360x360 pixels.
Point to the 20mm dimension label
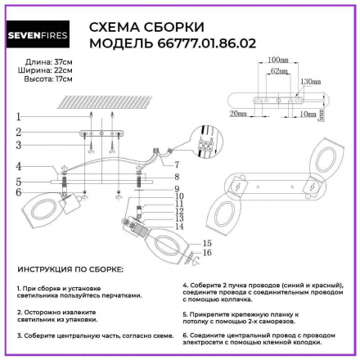coord(239,114)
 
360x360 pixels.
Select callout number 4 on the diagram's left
coord(17,165)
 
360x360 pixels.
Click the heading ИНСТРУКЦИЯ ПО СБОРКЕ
coord(70,268)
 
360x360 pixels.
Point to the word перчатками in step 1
coord(121,296)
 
